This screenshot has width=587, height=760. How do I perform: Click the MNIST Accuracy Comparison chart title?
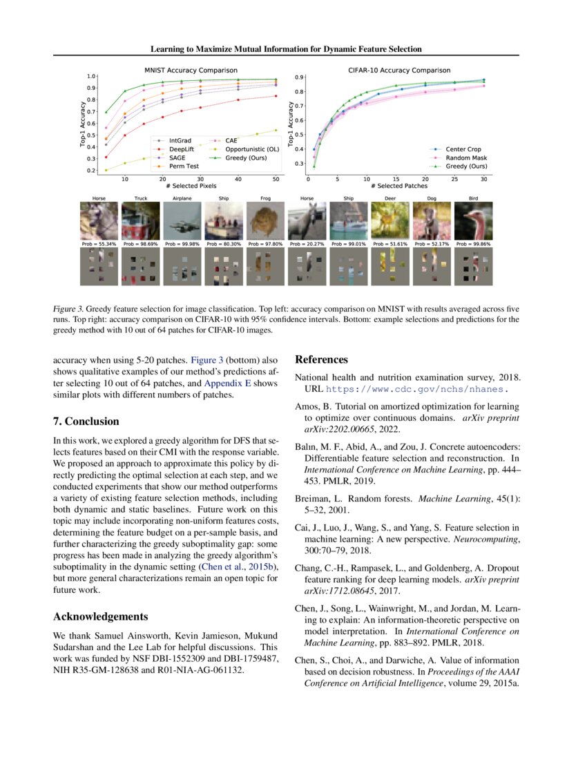190,70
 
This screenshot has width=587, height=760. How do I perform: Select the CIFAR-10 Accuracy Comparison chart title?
398,70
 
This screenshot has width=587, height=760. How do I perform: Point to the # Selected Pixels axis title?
190,187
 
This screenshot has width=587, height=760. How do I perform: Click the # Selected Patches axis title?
398,187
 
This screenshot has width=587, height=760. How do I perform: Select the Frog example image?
266,221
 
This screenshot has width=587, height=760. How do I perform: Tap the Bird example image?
474,221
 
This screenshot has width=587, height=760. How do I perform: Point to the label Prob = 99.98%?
182,245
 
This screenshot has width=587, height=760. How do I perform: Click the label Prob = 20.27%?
307,245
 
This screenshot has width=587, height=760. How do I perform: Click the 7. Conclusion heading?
86,421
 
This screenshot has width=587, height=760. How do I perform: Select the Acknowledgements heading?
101,616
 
